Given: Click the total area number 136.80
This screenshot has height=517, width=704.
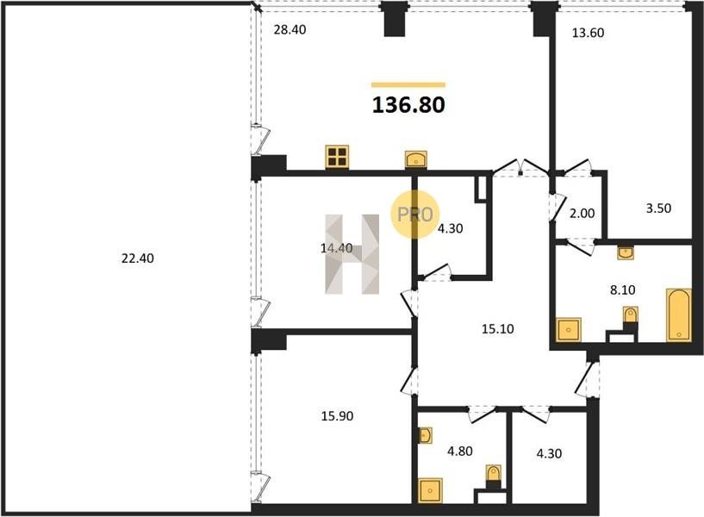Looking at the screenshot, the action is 408,104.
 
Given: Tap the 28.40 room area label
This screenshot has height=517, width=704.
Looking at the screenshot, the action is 290,29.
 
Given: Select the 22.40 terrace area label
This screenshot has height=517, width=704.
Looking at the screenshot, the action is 137,258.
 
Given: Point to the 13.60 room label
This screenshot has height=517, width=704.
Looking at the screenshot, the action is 588,33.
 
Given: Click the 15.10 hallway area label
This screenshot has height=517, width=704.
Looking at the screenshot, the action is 498,329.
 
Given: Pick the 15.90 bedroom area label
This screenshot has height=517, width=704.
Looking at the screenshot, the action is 337,416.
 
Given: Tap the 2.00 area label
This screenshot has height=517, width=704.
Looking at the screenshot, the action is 582,214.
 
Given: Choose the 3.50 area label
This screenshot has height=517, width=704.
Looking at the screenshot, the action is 658,209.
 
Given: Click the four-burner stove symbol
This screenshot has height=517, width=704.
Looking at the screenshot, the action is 337,157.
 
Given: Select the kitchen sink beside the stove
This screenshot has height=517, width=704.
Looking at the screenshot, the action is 415,159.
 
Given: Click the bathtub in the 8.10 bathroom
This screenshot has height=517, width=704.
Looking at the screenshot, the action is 678,315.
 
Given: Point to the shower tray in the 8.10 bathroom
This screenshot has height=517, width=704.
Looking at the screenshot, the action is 569,330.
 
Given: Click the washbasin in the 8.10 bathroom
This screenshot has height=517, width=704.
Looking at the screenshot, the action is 626,252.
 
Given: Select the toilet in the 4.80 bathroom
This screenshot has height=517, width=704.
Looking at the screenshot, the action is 493,477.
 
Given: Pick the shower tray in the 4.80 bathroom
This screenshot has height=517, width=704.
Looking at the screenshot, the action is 430,490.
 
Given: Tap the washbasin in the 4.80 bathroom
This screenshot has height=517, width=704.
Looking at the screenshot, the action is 425,435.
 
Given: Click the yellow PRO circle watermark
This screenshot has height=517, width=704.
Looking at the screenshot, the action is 414,214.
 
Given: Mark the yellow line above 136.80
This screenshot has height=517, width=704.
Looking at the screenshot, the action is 408,84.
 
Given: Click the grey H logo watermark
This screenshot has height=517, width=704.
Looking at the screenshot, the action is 352,254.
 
